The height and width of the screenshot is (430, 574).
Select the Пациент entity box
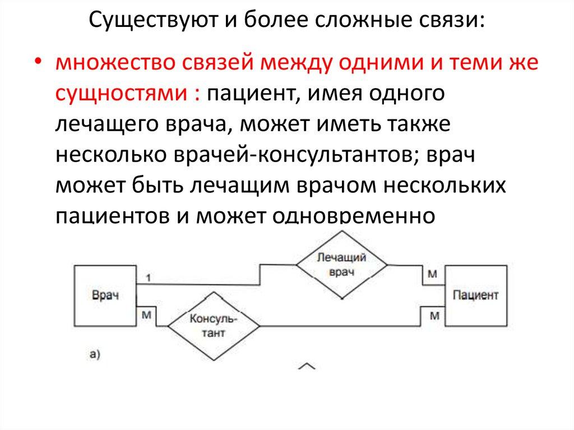pyautogui.click(x=475, y=295)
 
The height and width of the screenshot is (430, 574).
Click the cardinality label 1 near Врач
pyautogui.click(x=147, y=277)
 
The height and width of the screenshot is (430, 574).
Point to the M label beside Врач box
pyautogui.click(x=146, y=315)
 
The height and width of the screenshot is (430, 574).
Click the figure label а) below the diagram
pyautogui.click(x=95, y=353)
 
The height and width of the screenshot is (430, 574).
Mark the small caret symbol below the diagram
pyautogui.click(x=307, y=366)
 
